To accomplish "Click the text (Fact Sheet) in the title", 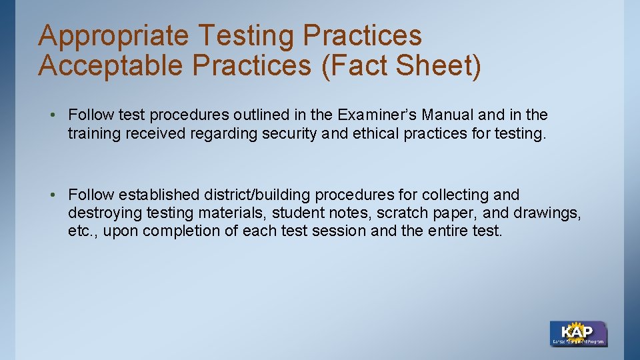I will (x=400, y=65).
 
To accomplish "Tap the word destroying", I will (x=101, y=213).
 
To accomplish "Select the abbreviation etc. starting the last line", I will (x=80, y=231).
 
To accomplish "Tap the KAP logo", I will (x=578, y=333).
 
